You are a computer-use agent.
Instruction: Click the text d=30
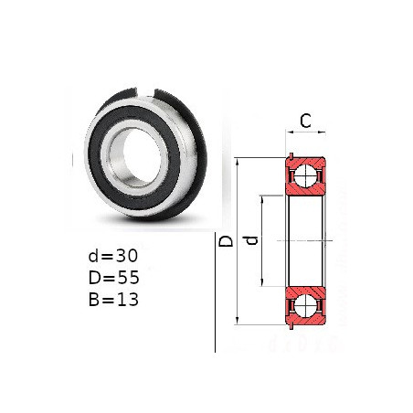coord(113,256)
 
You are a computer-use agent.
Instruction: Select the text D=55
coord(114,278)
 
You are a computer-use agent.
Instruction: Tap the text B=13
coord(113,300)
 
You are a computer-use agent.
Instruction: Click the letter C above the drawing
coord(305,121)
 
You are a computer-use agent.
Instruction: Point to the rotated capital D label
coord(227,240)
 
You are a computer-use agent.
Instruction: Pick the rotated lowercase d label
coord(252,240)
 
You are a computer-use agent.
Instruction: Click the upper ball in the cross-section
coord(305,176)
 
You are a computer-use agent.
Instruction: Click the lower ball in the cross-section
coord(305,305)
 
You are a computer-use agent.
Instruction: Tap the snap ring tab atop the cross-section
coord(291,156)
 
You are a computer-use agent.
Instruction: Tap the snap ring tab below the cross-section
coord(291,326)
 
